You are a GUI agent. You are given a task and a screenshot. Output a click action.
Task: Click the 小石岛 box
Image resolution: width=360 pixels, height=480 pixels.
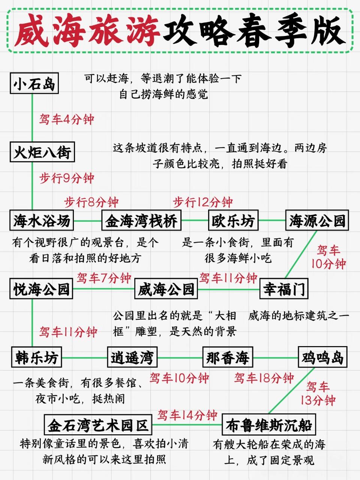click(34, 83)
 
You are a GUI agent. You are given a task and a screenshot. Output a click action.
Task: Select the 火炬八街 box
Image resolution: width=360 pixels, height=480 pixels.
click(42, 152)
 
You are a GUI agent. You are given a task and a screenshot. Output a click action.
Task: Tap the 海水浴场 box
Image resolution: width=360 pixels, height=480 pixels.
click(42, 220)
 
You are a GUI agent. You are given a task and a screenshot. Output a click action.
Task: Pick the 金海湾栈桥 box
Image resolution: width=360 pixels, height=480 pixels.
click(141, 220)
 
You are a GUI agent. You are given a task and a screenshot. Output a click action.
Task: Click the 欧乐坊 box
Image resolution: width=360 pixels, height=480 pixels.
click(233, 220)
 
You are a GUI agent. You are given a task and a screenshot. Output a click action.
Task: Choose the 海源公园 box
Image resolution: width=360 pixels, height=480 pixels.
click(317, 220)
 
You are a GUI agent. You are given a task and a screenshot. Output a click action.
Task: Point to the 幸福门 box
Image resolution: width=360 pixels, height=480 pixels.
click(284, 289)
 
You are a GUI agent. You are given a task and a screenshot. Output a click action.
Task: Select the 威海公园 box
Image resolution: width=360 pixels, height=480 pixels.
click(166, 289)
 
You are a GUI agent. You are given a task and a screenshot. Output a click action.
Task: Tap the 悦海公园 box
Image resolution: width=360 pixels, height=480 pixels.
click(41, 289)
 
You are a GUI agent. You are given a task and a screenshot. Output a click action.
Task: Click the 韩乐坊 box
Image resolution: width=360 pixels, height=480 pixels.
click(36, 357)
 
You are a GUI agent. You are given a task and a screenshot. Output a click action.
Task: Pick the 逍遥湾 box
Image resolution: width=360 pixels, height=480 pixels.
click(132, 357)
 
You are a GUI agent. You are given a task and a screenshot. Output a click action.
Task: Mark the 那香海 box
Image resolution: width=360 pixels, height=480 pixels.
click(228, 357)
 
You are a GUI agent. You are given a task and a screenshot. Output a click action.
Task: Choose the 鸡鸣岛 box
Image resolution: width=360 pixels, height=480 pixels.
click(322, 357)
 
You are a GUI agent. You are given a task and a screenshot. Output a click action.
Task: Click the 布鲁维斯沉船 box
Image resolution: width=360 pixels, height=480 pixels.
click(269, 425)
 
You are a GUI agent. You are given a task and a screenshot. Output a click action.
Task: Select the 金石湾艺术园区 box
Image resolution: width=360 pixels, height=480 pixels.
click(98, 425)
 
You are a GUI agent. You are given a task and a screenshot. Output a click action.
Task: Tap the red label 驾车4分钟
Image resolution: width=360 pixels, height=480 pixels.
click(67, 120)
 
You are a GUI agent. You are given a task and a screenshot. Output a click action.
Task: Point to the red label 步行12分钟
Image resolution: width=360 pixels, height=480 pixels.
click(203, 202)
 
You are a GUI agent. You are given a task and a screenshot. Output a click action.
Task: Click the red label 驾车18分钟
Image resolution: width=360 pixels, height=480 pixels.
click(264, 378)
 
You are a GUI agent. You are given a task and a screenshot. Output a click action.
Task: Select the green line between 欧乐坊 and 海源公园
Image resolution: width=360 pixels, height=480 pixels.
click(272, 220)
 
